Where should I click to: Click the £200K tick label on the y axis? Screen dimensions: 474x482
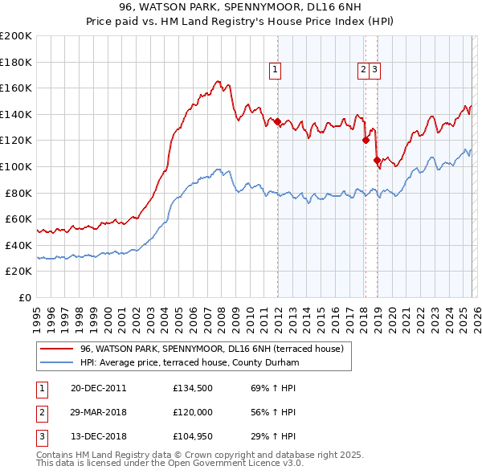(x=16, y=36)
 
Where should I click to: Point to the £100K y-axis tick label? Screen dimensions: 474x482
(x=16, y=166)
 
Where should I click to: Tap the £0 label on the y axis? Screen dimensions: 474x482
(x=25, y=297)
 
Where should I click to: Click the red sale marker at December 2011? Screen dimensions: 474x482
(x=277, y=122)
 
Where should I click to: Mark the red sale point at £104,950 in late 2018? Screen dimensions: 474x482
(x=376, y=160)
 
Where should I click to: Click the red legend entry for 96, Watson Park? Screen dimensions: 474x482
(x=212, y=349)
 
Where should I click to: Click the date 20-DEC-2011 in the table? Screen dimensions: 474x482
(x=99, y=388)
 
